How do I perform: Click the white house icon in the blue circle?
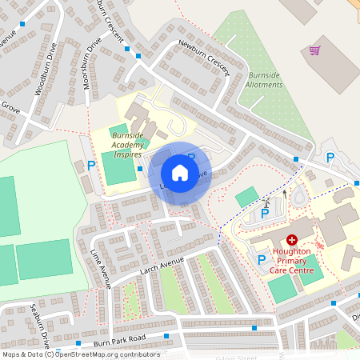click(x=180, y=173)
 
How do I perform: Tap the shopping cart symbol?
click(x=315, y=50)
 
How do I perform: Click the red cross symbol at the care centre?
click(x=292, y=239)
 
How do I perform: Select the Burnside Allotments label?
click(x=263, y=79)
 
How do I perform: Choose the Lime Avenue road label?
click(x=102, y=267)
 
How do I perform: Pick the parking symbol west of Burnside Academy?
click(x=91, y=166)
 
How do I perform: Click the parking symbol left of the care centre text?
click(x=261, y=258)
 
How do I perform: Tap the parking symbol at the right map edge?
click(x=330, y=158)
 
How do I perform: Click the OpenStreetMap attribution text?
click(x=81, y=354)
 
